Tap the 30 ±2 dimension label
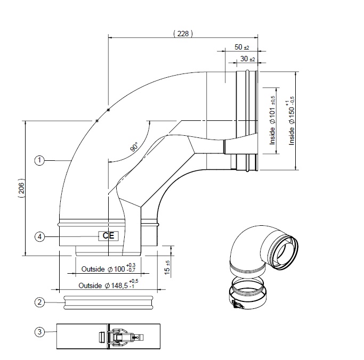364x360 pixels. click(247, 59)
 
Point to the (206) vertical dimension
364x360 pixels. click(20, 186)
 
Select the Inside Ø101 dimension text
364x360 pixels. click(272, 121)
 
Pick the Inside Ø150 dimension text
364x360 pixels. click(291, 121)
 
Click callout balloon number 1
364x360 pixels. click(39, 159)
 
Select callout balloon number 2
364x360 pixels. click(39, 302)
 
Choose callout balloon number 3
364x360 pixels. click(39, 332)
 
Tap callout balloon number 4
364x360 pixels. click(39, 236)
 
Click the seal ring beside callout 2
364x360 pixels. click(109, 302)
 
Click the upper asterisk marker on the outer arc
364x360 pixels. click(109, 110)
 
